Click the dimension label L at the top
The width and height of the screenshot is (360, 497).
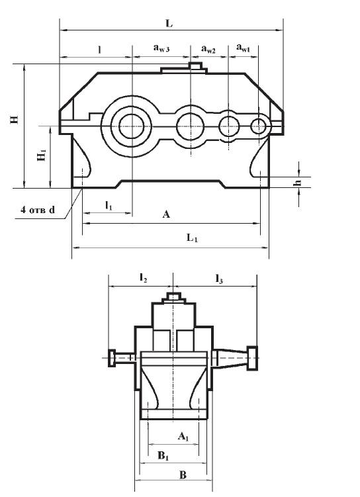tap(169, 23)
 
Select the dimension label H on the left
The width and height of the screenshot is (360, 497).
tap(13, 120)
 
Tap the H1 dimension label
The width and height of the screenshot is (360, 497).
tap(42, 156)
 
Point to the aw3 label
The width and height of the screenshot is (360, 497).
tap(161, 48)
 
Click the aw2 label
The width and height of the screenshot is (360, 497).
tap(208, 48)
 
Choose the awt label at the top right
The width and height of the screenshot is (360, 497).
tap(244, 48)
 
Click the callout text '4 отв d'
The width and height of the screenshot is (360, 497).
tap(38, 210)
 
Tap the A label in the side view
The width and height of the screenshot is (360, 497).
tap(166, 214)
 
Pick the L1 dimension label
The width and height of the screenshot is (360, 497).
tap(192, 238)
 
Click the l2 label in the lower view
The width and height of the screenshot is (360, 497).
tap(142, 279)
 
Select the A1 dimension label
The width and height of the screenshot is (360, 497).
tap(184, 436)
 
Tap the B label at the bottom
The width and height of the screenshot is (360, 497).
tap(183, 474)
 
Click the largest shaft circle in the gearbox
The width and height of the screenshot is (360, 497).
tap(131, 124)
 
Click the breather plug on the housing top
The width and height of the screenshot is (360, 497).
tap(194, 66)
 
